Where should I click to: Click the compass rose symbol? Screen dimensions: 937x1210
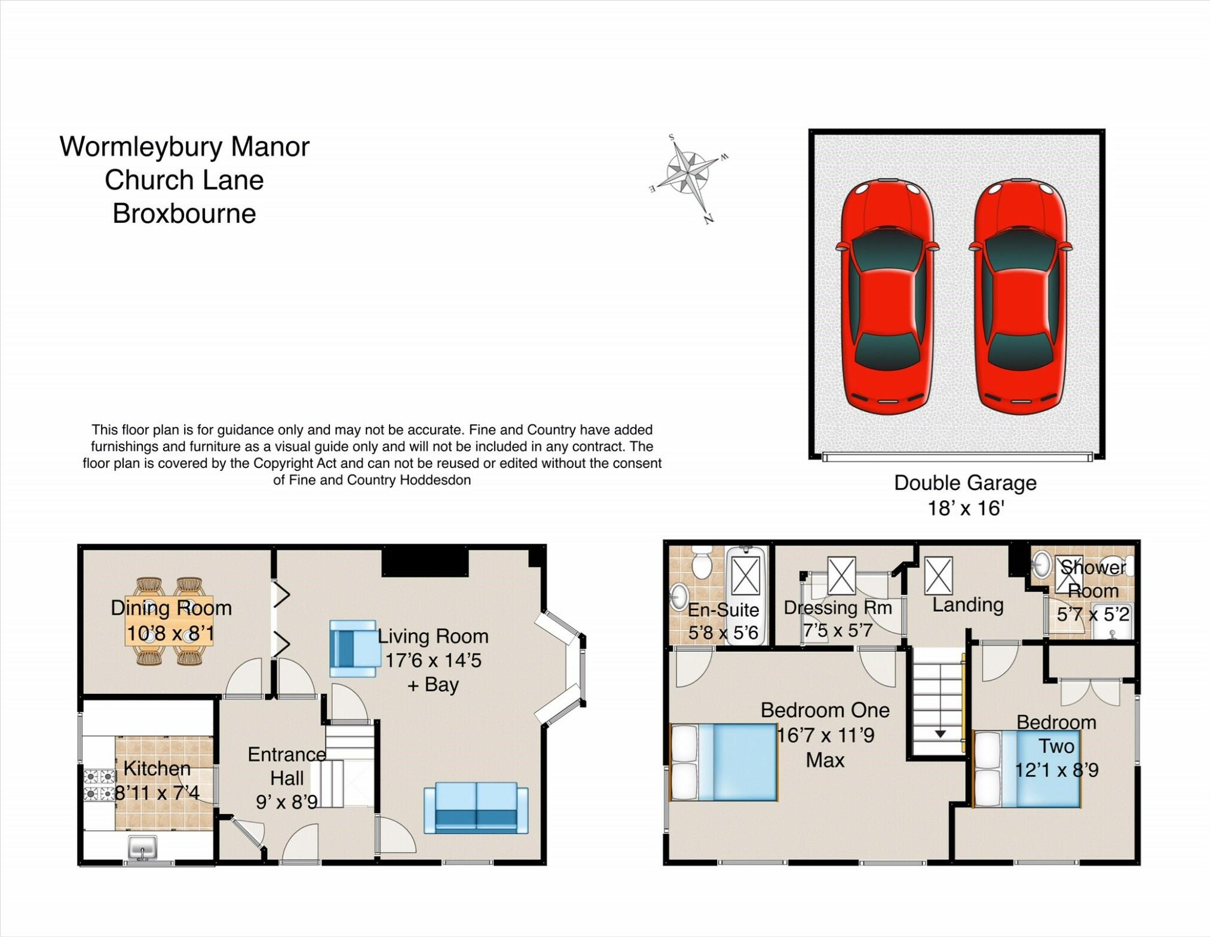pos(689,174)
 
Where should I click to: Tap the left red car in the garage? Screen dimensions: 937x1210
pos(887,296)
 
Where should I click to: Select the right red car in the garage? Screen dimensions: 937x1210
pos(1021,296)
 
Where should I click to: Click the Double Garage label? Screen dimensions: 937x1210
pos(965,483)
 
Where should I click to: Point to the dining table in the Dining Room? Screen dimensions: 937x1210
pos(169,621)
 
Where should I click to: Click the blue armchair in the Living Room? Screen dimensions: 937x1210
pos(354,648)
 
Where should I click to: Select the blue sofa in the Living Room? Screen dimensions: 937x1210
pos(476,808)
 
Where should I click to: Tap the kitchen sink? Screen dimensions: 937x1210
pos(143,847)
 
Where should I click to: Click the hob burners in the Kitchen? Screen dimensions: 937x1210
pos(99,785)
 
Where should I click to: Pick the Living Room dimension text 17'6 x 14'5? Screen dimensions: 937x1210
pos(433,660)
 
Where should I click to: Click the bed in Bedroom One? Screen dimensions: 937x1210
pos(724,763)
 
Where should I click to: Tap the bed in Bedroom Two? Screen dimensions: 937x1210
pos(1027,770)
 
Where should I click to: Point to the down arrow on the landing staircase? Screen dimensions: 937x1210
pos(940,734)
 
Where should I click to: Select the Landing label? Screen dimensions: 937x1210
pos(967,605)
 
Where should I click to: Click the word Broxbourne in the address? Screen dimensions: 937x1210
pos(184,213)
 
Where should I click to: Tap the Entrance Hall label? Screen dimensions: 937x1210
pos(287,766)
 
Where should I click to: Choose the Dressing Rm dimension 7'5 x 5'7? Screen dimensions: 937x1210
pos(838,630)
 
